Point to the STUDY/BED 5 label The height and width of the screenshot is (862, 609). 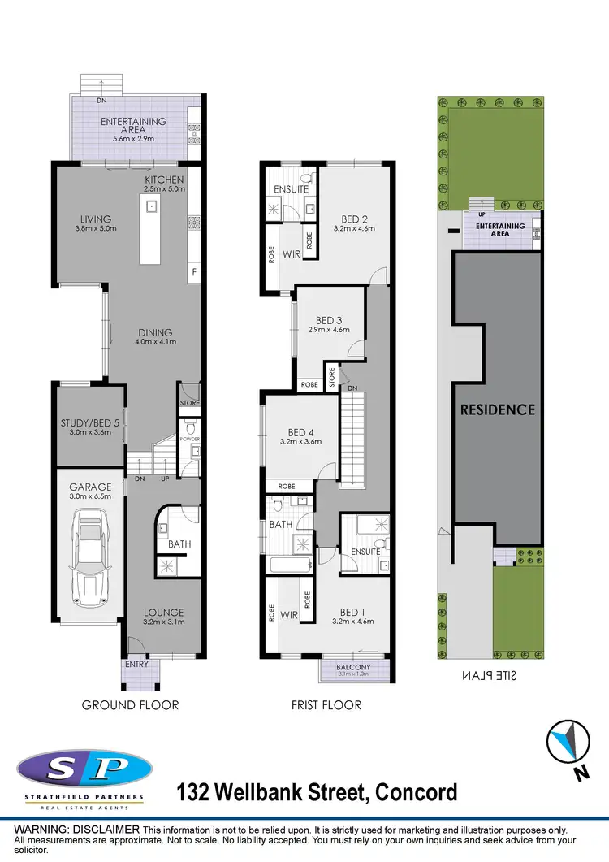point(89,422)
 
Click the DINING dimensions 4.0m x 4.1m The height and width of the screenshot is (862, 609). point(154,342)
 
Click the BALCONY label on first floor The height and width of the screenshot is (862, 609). point(352,667)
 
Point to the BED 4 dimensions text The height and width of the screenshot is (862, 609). point(300,442)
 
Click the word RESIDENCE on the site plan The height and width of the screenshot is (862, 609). point(498,409)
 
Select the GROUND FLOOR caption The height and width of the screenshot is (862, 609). point(130,704)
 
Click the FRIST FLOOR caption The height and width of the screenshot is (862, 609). point(326,704)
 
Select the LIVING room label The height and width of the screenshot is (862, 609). point(95,219)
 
